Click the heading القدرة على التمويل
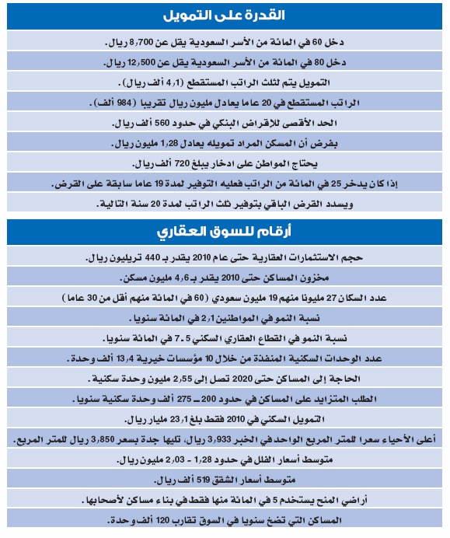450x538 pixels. pyautogui.click(x=225, y=15)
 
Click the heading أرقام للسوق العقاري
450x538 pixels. pyautogui.click(x=225, y=232)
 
